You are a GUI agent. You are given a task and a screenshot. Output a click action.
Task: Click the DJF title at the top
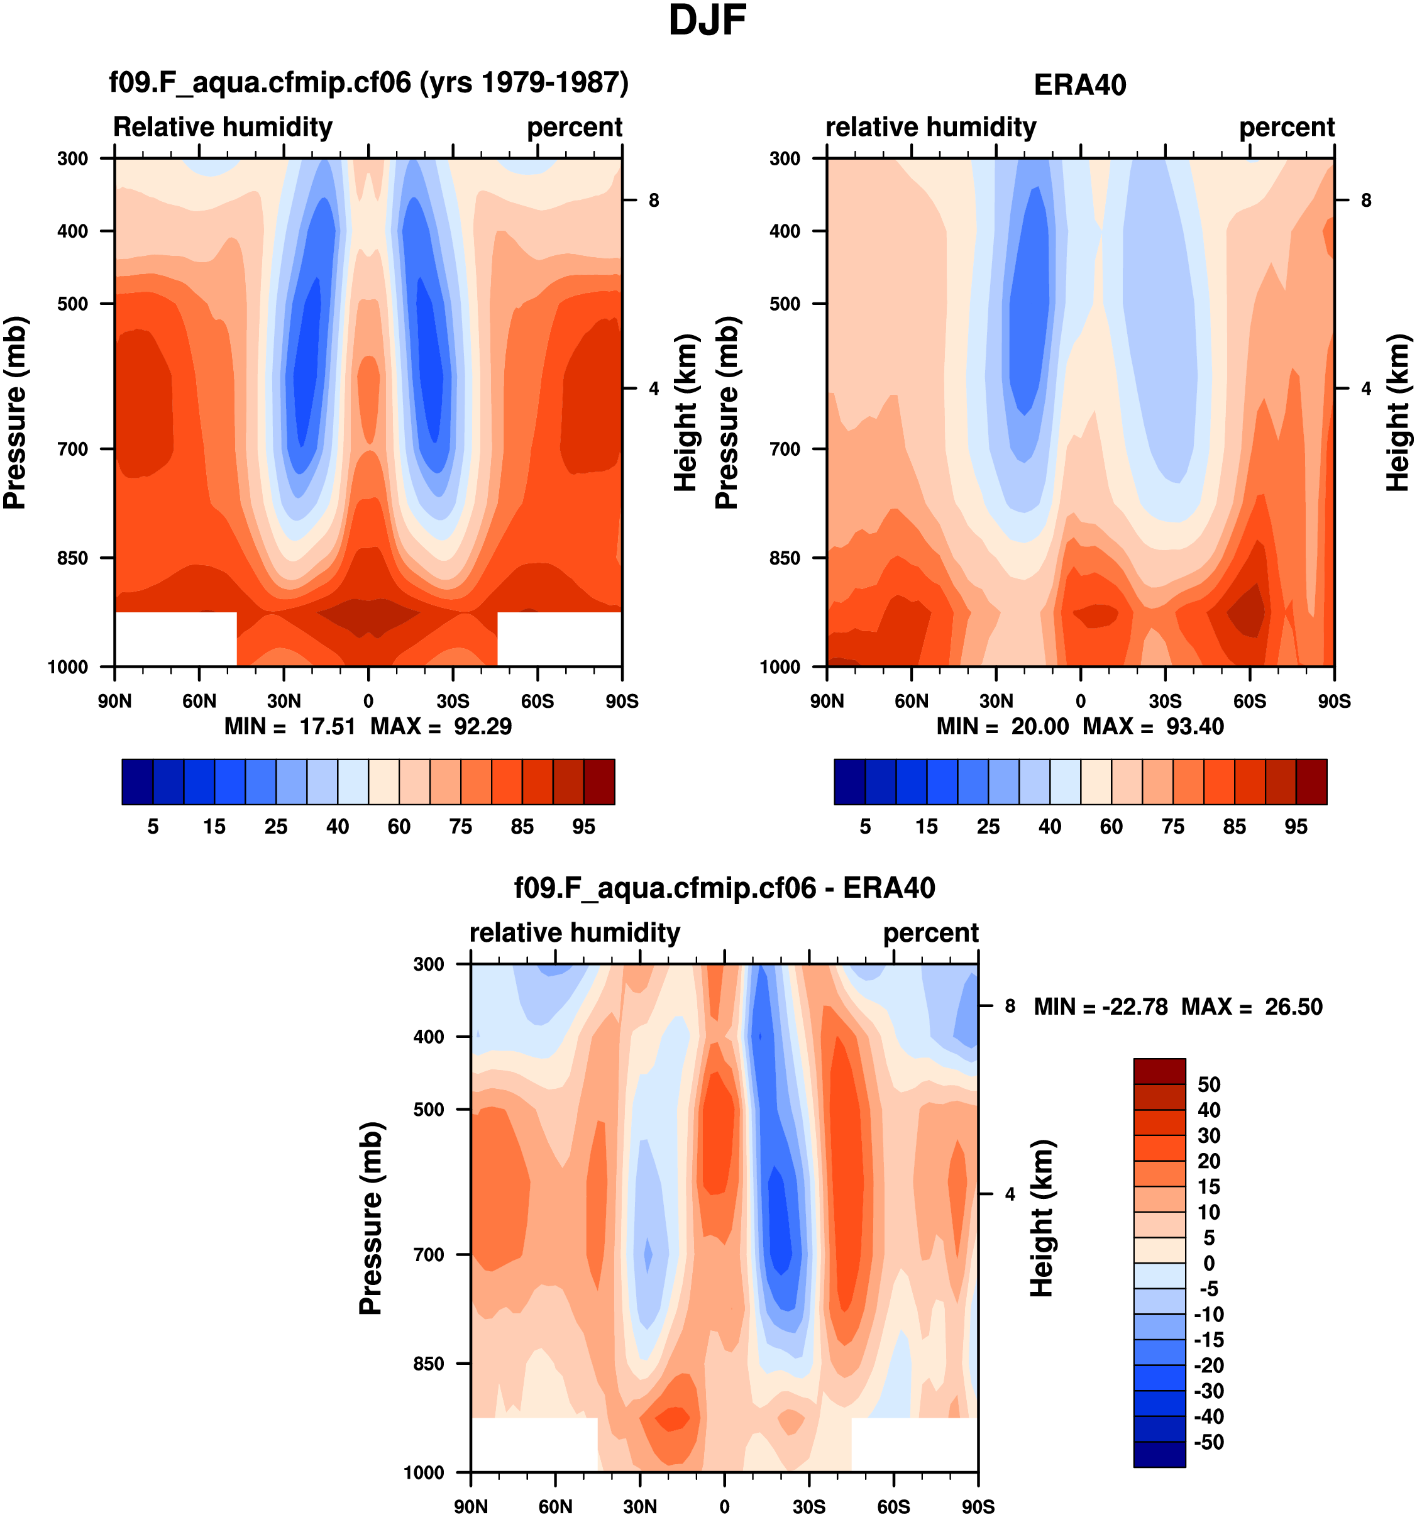click(707, 21)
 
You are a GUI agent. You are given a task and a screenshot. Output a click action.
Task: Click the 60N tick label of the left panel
click(199, 701)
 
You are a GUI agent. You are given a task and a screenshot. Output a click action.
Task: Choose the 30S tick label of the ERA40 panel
click(1164, 701)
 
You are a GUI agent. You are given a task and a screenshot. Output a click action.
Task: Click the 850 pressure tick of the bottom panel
click(428, 1364)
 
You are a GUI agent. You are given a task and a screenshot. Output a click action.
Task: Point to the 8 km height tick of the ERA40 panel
click(1366, 201)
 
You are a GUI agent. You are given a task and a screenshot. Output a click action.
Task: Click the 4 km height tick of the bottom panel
click(1010, 1194)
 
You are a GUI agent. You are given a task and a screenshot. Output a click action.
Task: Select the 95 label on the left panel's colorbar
click(584, 827)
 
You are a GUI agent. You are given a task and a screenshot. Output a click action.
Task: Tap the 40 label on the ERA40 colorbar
click(1049, 827)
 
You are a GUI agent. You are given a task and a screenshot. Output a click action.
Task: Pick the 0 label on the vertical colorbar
click(1209, 1263)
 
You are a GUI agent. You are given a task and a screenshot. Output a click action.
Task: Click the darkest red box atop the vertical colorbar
click(1159, 1071)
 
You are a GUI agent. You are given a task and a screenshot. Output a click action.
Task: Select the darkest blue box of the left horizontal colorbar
click(137, 781)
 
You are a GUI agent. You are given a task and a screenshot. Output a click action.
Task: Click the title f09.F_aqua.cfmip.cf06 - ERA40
click(724, 888)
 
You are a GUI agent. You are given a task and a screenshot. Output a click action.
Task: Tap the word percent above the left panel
click(575, 126)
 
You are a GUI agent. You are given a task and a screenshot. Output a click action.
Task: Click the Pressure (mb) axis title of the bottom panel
click(371, 1218)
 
